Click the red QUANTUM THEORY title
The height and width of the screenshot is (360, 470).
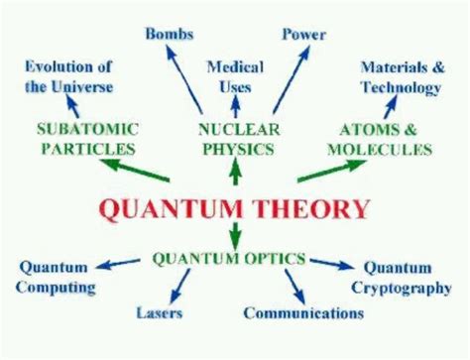pos(236,209)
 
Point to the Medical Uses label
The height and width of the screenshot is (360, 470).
pos(235,76)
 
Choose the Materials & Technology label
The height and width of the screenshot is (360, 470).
pos(400,78)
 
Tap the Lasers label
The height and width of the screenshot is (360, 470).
pos(159,314)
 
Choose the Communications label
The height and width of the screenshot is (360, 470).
pos(302,314)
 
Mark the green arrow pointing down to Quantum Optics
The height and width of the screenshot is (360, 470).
pos(235,236)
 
